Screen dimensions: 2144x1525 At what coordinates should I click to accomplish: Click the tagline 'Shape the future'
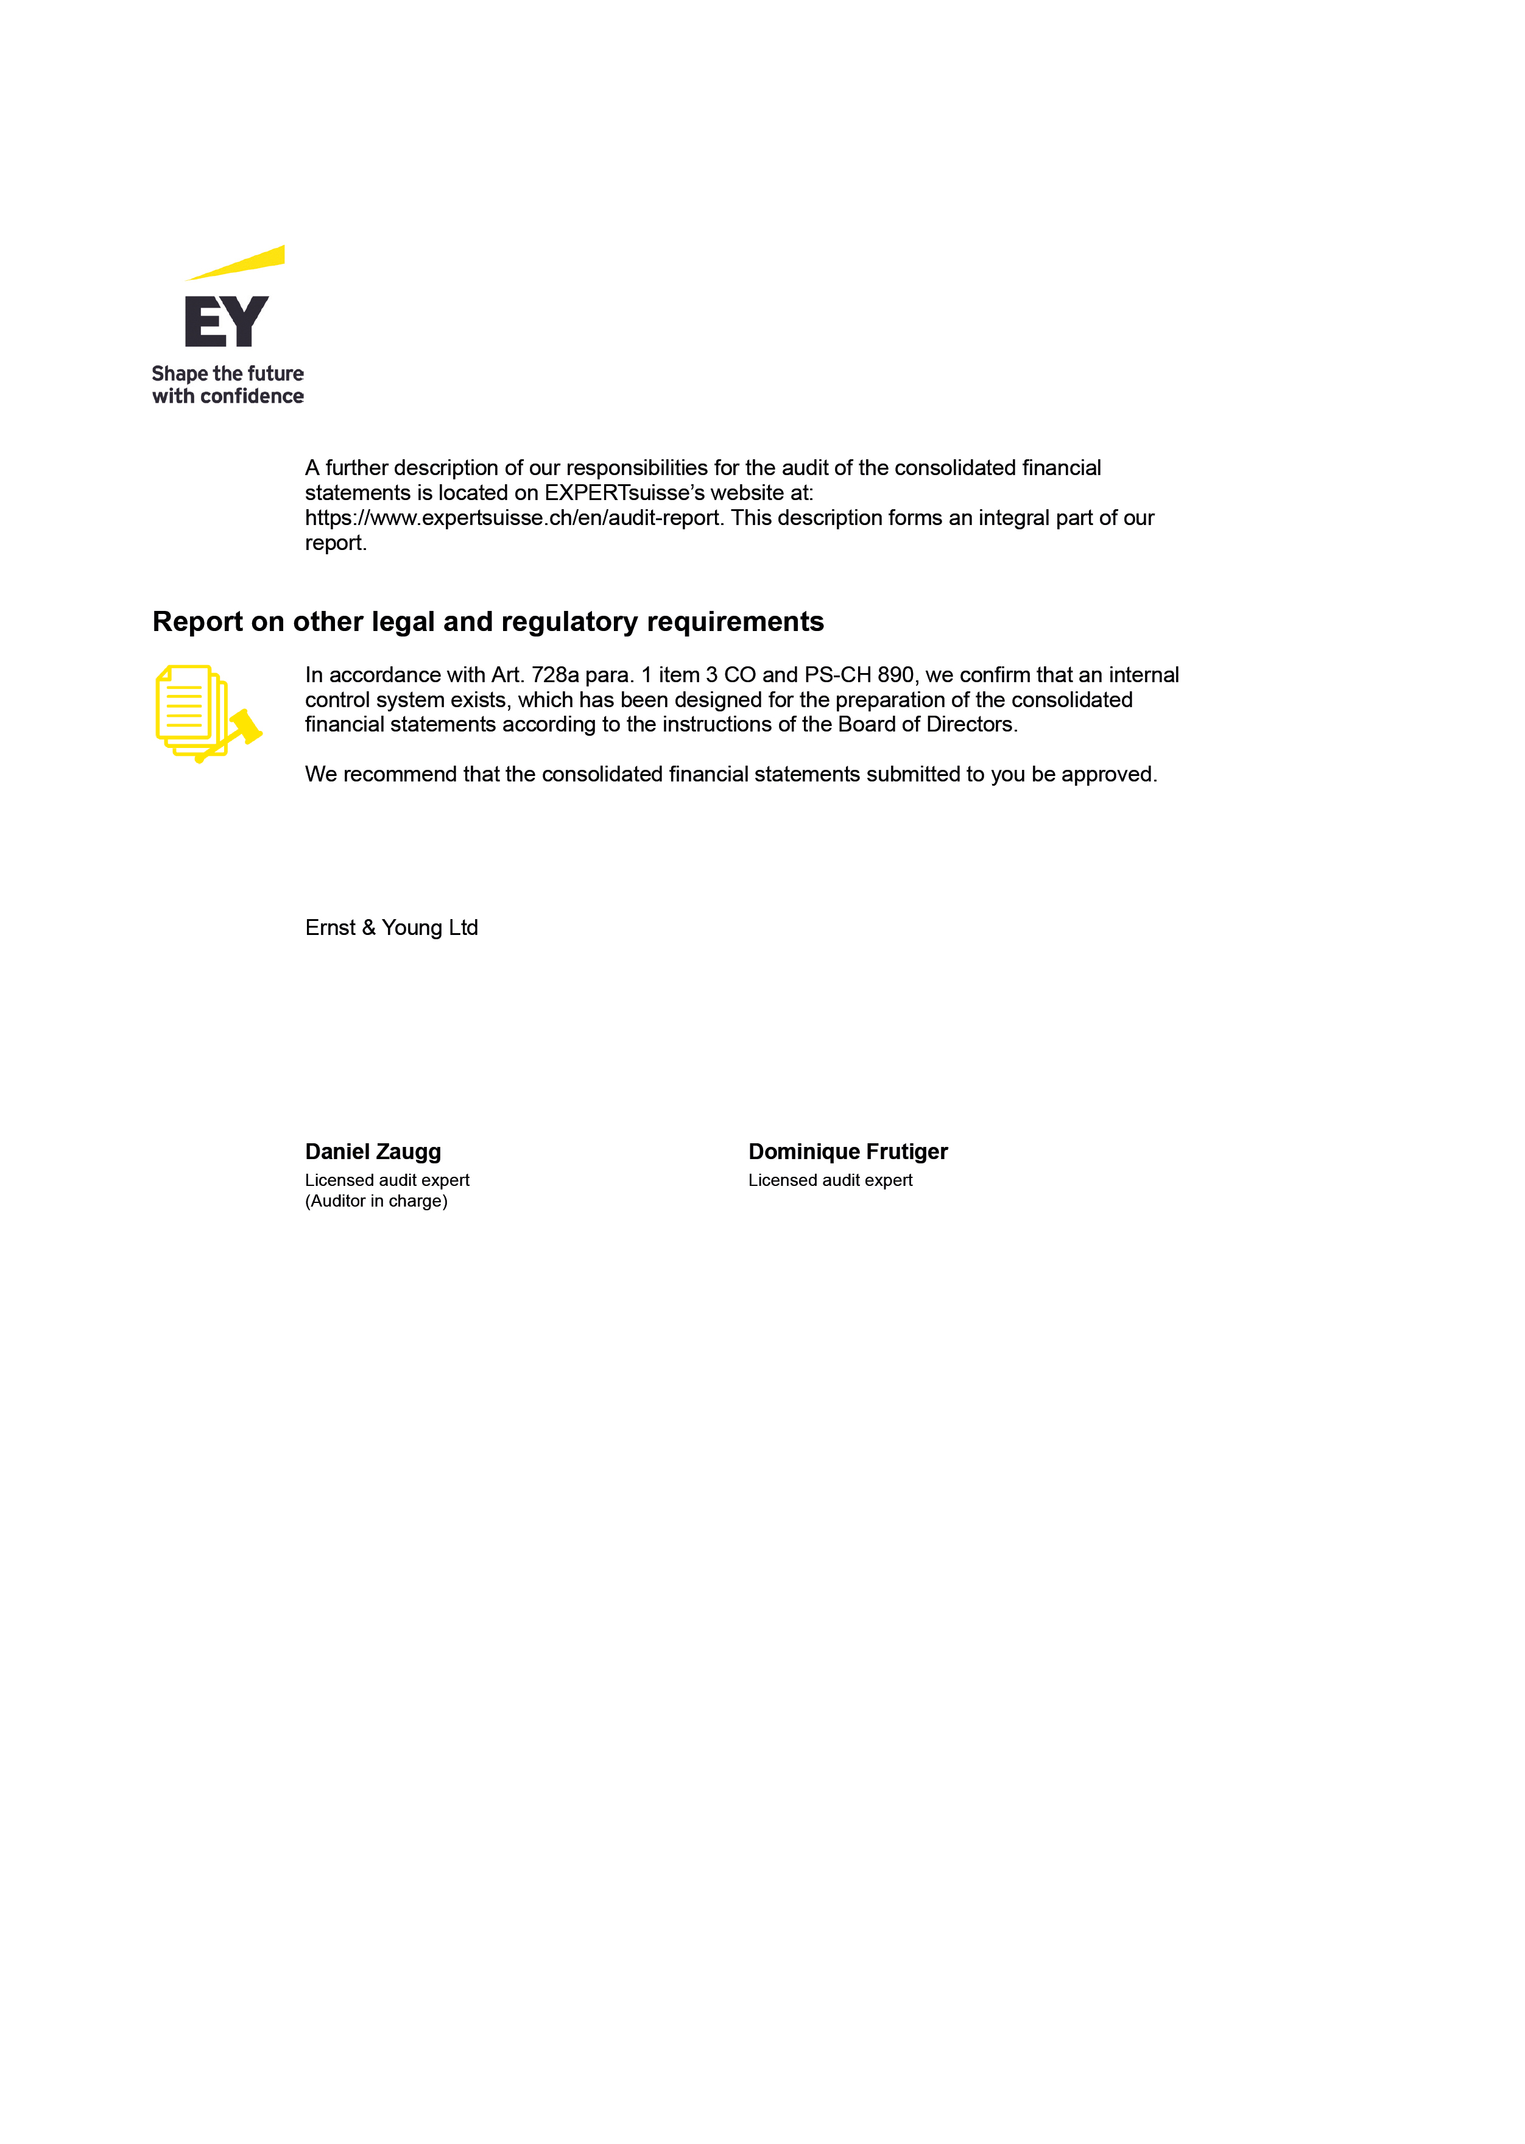click(227, 374)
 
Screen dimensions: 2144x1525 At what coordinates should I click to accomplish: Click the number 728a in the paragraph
click(555, 675)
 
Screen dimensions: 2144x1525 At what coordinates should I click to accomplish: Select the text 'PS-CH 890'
click(858, 675)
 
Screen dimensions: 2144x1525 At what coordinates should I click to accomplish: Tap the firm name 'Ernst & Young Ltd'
click(392, 928)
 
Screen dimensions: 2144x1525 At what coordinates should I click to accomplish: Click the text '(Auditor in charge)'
click(376, 1201)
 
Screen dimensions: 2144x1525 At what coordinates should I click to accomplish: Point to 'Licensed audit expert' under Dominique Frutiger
click(830, 1180)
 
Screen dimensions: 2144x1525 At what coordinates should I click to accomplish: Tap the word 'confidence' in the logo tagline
click(252, 397)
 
